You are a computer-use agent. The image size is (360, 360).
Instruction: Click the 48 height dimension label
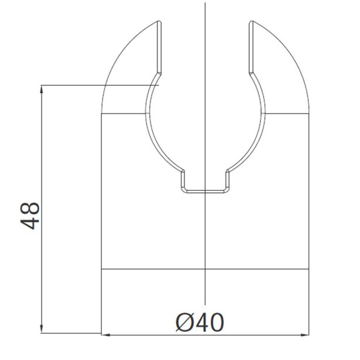click(30, 216)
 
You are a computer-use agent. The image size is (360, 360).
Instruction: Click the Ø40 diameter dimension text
click(200, 322)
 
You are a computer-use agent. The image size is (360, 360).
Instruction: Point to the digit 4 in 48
click(30, 223)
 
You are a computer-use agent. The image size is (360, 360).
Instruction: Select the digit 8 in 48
click(30, 209)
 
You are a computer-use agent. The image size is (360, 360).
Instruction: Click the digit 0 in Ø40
click(217, 323)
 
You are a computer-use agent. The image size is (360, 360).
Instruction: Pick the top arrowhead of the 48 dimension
click(42, 89)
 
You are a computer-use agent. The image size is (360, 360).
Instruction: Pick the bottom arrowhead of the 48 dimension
click(42, 329)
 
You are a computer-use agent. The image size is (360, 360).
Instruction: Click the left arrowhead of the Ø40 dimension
click(105, 335)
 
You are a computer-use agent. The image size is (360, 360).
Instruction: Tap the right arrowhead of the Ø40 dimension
click(305, 335)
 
